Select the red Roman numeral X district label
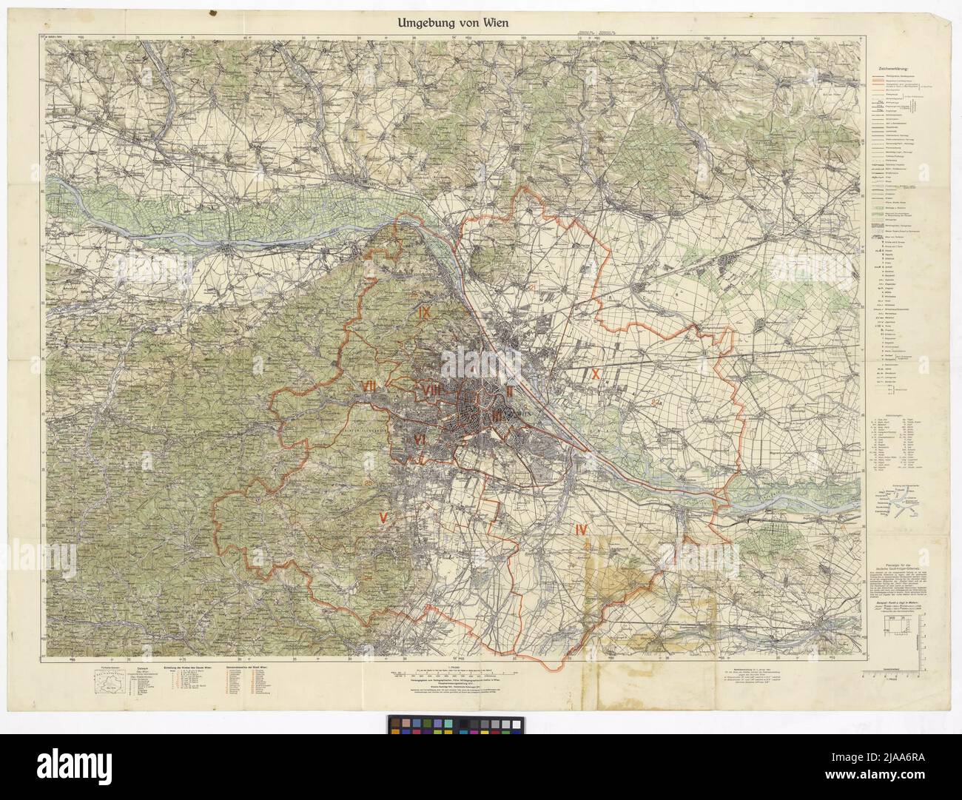pos(594,374)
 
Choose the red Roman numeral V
pos(383,517)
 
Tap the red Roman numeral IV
pos(579,529)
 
